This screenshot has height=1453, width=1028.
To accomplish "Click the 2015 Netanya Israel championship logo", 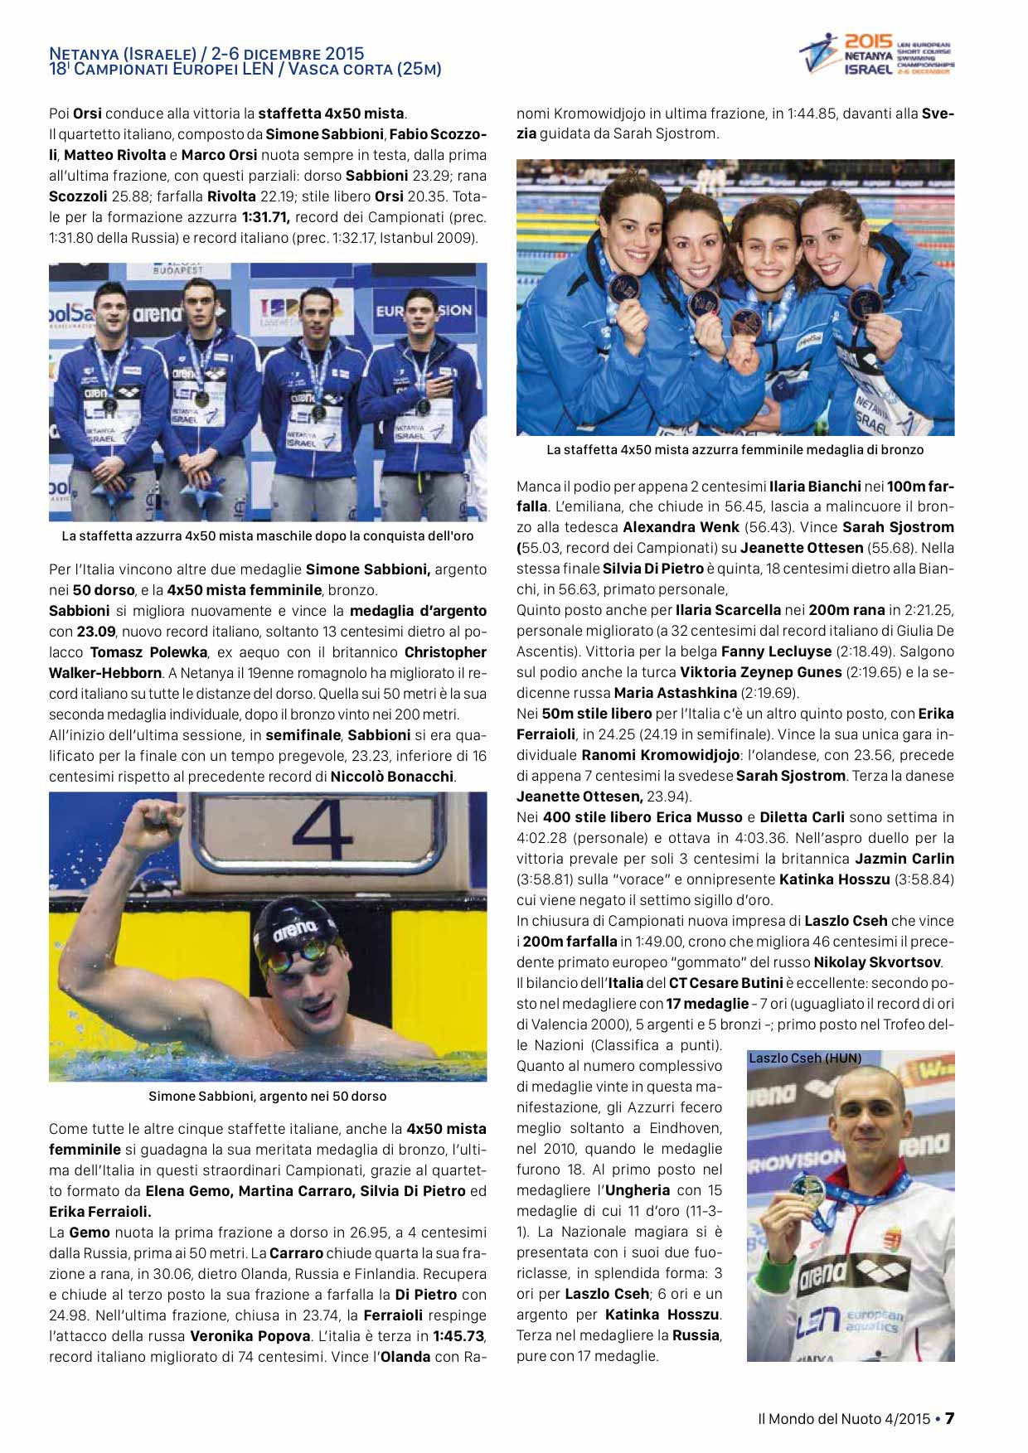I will pyautogui.click(x=876, y=55).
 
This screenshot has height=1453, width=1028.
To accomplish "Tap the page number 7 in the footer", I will pyautogui.click(x=950, y=1418).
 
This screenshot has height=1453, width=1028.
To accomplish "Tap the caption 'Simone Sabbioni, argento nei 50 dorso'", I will pyautogui.click(x=267, y=1096).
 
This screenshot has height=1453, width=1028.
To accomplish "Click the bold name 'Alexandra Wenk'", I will pyautogui.click(x=681, y=527).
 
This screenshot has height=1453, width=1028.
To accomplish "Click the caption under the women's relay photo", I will pyautogui.click(x=735, y=450).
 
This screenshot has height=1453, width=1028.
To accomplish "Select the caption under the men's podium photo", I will pyautogui.click(x=267, y=536).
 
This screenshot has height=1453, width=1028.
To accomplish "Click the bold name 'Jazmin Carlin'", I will pyautogui.click(x=904, y=859).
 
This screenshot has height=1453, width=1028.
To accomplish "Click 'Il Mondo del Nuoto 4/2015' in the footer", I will pyautogui.click(x=844, y=1419).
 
